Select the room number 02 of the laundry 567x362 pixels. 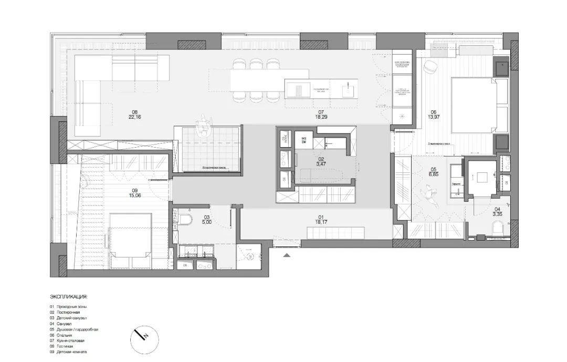click(320, 158)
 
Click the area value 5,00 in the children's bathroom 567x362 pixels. click(207, 223)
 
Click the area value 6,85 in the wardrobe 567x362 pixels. click(434, 173)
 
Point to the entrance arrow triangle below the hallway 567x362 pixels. click(287, 255)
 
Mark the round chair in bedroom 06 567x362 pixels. click(432, 66)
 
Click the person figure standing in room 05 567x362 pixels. click(432, 196)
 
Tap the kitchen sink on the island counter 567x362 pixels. click(298, 90)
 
